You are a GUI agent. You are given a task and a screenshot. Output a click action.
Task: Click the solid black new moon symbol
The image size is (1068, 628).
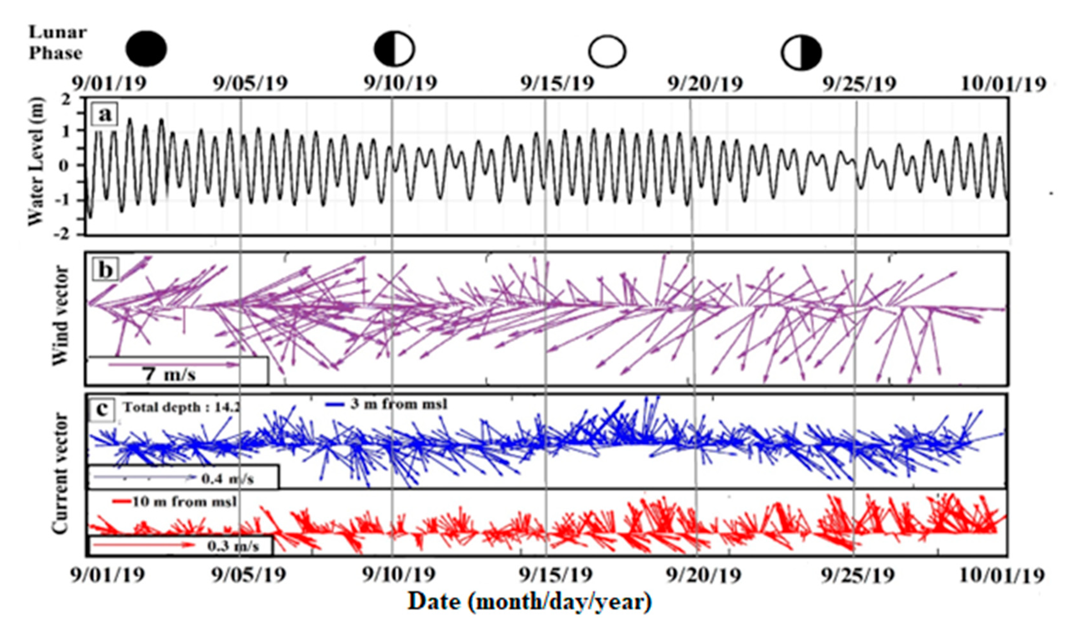(146, 49)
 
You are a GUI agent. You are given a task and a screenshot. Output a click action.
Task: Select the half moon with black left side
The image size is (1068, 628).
(394, 49)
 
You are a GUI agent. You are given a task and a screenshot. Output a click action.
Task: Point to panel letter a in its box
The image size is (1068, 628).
(104, 114)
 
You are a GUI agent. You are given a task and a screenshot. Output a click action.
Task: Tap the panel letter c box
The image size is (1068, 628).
(102, 409)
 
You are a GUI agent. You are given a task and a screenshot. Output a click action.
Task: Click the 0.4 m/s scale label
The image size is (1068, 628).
(227, 479)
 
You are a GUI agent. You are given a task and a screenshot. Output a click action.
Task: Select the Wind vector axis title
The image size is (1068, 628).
(61, 316)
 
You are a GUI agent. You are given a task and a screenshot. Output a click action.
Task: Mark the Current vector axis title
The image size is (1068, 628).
(60, 473)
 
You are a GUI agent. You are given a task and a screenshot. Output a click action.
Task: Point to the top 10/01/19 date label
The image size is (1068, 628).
(1003, 84)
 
